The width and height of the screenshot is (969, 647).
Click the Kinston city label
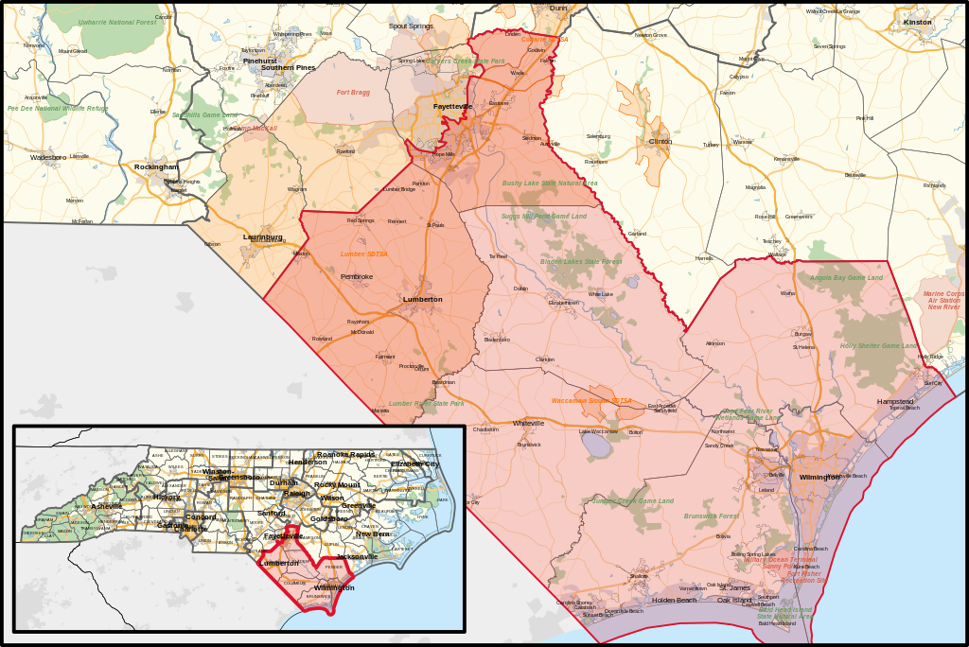[x=917, y=22]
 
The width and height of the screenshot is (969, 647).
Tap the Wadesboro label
[x=47, y=157]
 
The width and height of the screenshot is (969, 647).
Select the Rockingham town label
[x=156, y=167]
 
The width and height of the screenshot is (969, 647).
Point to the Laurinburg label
[x=262, y=236]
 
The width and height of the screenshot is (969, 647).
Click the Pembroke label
[x=357, y=276]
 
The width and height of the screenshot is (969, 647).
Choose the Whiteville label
[x=528, y=423]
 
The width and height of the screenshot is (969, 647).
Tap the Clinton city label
[x=660, y=141]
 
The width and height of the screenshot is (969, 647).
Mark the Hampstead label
[x=895, y=401]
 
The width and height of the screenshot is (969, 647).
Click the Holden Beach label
[x=674, y=600]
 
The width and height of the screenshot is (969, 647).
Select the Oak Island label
[x=734, y=600]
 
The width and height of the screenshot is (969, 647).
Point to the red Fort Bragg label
[x=353, y=93]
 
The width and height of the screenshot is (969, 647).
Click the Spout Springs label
[x=411, y=26]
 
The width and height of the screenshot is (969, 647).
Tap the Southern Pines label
[x=289, y=68]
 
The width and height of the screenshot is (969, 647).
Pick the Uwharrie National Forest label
[x=116, y=22]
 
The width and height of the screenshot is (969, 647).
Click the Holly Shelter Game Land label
[x=878, y=346]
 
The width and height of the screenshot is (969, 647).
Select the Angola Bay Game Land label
[x=846, y=278]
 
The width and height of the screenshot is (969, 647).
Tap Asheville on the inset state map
[x=106, y=506]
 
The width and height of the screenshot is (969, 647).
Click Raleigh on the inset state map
[x=296, y=494]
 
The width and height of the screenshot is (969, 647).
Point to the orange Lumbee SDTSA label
[x=364, y=254]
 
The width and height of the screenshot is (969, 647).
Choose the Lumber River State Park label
[x=426, y=404]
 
